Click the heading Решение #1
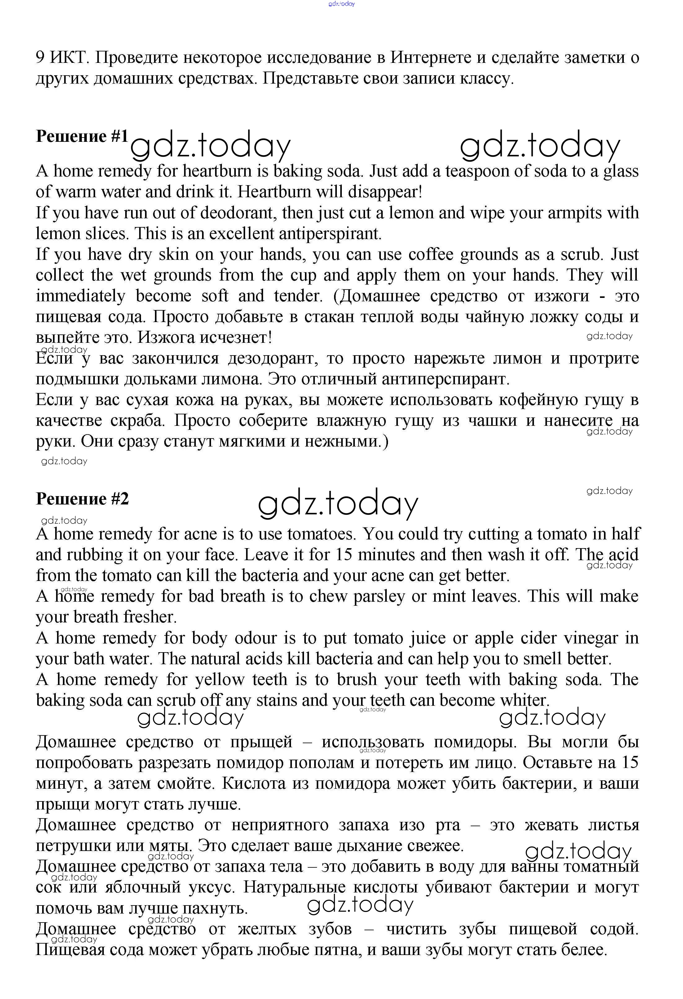pyautogui.click(x=82, y=136)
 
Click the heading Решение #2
pyautogui.click(x=82, y=499)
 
